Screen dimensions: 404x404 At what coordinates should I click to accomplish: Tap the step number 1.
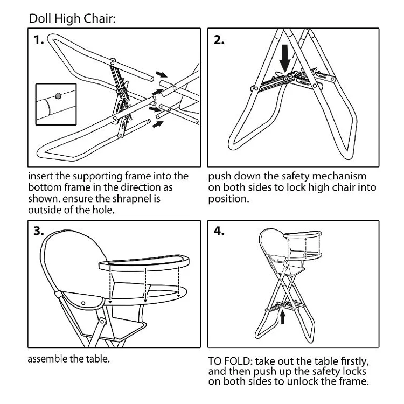pyautogui.click(x=39, y=40)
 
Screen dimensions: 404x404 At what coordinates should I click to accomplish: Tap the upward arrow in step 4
pyautogui.click(x=282, y=318)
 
